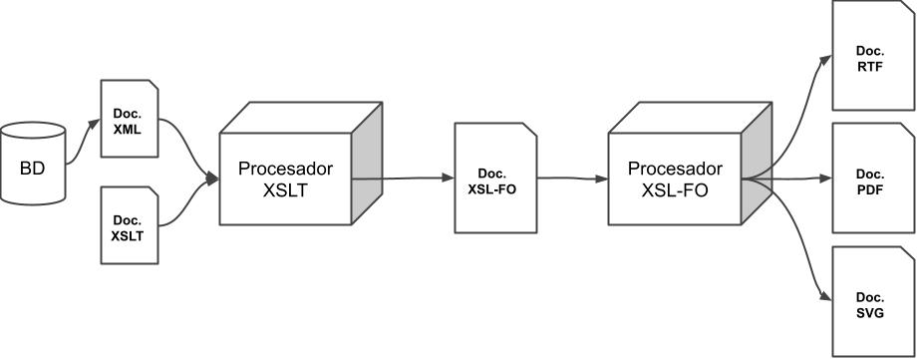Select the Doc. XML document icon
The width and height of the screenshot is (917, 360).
(x=130, y=119)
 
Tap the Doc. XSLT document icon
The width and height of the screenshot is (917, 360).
(x=130, y=226)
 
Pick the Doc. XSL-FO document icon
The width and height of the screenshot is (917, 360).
(x=491, y=180)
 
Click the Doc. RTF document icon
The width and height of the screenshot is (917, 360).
(x=871, y=56)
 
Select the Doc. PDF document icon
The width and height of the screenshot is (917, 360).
(x=871, y=180)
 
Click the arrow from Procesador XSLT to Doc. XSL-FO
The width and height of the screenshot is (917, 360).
(x=403, y=180)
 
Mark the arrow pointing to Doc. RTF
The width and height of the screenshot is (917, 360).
(x=797, y=100)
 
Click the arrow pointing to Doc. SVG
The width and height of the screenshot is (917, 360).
(x=797, y=259)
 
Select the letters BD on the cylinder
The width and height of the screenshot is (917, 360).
(x=33, y=167)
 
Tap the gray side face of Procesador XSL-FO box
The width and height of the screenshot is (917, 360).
(x=757, y=170)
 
